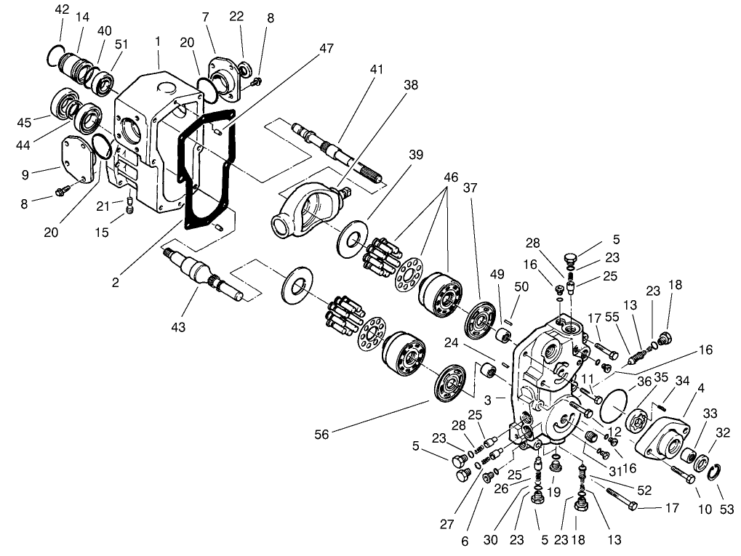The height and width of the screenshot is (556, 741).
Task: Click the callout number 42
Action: click(x=62, y=9)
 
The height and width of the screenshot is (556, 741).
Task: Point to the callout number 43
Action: click(x=178, y=328)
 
